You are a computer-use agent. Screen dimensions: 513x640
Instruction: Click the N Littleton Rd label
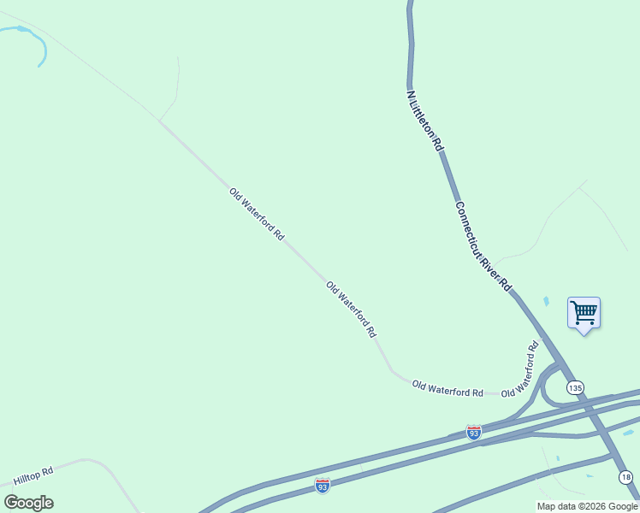[x=425, y=121]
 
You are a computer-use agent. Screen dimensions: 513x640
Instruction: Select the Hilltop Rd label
[x=33, y=477]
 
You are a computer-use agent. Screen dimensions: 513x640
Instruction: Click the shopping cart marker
[x=584, y=313]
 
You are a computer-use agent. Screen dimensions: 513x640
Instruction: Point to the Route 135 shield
[x=575, y=387]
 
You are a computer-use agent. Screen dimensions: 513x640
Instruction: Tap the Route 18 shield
[x=626, y=477]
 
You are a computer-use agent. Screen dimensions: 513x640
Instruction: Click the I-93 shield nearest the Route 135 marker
[x=474, y=432]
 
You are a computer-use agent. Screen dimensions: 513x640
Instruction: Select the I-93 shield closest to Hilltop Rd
[x=322, y=486]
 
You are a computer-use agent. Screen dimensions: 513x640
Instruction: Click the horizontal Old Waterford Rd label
[x=447, y=389]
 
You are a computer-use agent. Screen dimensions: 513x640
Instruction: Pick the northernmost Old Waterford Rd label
[x=257, y=215]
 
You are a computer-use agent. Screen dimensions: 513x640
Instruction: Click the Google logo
[x=29, y=503]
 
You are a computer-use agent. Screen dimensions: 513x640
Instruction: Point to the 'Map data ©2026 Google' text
[x=587, y=506]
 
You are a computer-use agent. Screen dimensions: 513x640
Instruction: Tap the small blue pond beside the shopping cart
[x=546, y=302]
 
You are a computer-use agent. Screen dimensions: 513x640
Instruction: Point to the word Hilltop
[x=28, y=479]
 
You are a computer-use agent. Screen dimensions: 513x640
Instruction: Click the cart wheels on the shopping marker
[x=584, y=322]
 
